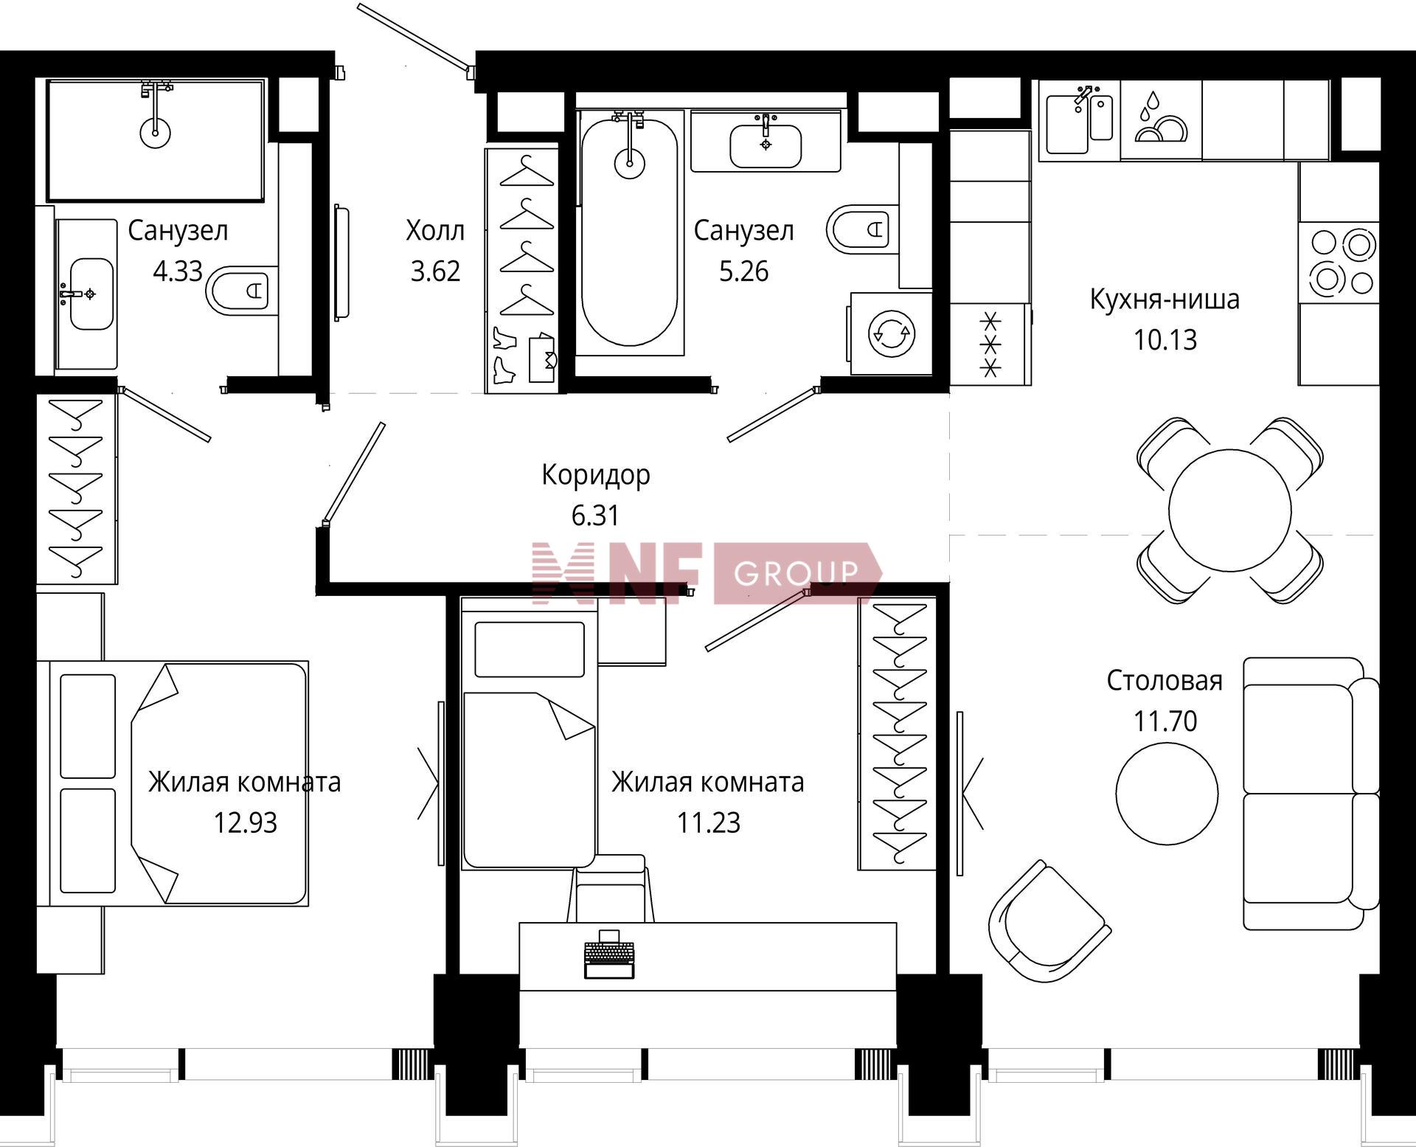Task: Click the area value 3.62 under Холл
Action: [435, 271]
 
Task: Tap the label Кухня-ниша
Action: [1165, 299]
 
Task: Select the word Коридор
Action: [596, 475]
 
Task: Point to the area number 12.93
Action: [245, 822]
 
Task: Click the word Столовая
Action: [1165, 680]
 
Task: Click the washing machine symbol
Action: [892, 334]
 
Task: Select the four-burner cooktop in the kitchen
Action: [1339, 262]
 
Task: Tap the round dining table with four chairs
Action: [1229, 510]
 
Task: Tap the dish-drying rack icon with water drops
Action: [1160, 116]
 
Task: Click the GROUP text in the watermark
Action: [797, 572]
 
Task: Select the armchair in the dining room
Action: [1049, 922]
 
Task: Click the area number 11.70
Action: [1165, 721]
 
